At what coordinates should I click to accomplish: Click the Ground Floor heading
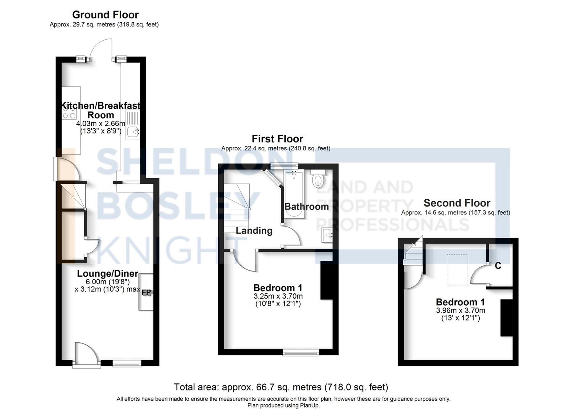(105, 15)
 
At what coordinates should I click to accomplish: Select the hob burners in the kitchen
(69, 112)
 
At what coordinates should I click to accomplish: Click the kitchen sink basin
(133, 131)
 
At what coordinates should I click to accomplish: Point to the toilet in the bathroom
(318, 179)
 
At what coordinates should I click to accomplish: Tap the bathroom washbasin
(327, 235)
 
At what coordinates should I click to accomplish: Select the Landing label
(254, 231)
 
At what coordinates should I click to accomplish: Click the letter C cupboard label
(498, 266)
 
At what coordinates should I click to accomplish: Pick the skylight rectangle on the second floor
(457, 269)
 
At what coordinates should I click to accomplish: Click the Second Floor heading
(457, 203)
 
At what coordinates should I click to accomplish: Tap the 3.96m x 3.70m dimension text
(460, 310)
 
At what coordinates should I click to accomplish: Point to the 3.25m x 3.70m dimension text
(278, 296)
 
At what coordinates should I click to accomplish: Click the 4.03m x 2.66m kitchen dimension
(100, 123)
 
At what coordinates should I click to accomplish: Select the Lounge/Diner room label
(107, 274)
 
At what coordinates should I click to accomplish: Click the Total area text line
(281, 387)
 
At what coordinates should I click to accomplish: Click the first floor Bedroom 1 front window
(301, 352)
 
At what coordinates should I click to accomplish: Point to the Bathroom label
(306, 207)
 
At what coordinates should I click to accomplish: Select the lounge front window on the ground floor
(127, 364)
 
